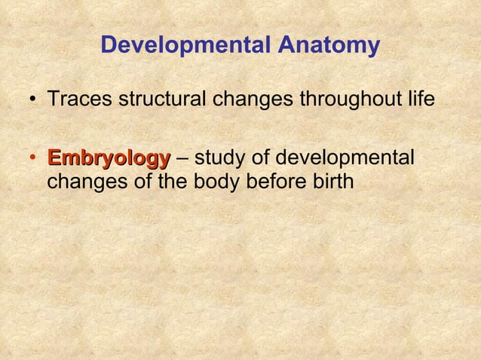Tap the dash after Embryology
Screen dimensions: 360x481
point(182,160)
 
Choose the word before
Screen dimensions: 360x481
point(280,182)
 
